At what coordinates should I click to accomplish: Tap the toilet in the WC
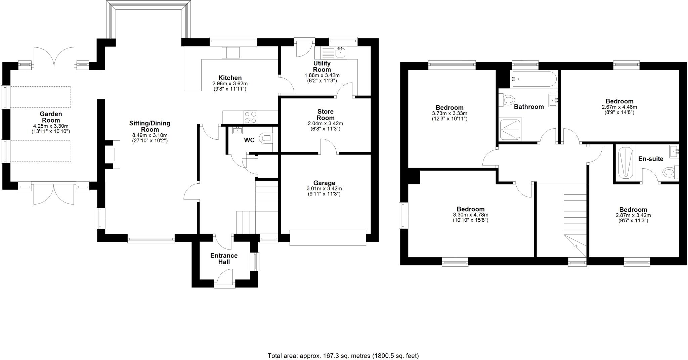click(267, 138)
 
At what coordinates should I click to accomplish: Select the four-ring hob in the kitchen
click(250, 117)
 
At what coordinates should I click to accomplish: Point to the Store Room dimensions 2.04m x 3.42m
click(325, 124)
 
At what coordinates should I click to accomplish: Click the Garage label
click(324, 183)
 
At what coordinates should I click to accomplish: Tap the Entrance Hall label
click(224, 259)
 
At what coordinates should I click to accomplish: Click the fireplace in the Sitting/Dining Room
click(114, 154)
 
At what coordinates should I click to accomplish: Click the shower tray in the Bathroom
click(510, 129)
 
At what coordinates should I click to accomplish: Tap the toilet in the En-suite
click(670, 172)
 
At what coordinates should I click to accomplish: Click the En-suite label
click(651, 159)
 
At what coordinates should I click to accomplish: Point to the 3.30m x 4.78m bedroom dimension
click(470, 215)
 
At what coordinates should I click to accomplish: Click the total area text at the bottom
click(343, 355)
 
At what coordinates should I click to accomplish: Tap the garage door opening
click(328, 237)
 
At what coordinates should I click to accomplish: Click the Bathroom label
click(529, 107)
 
